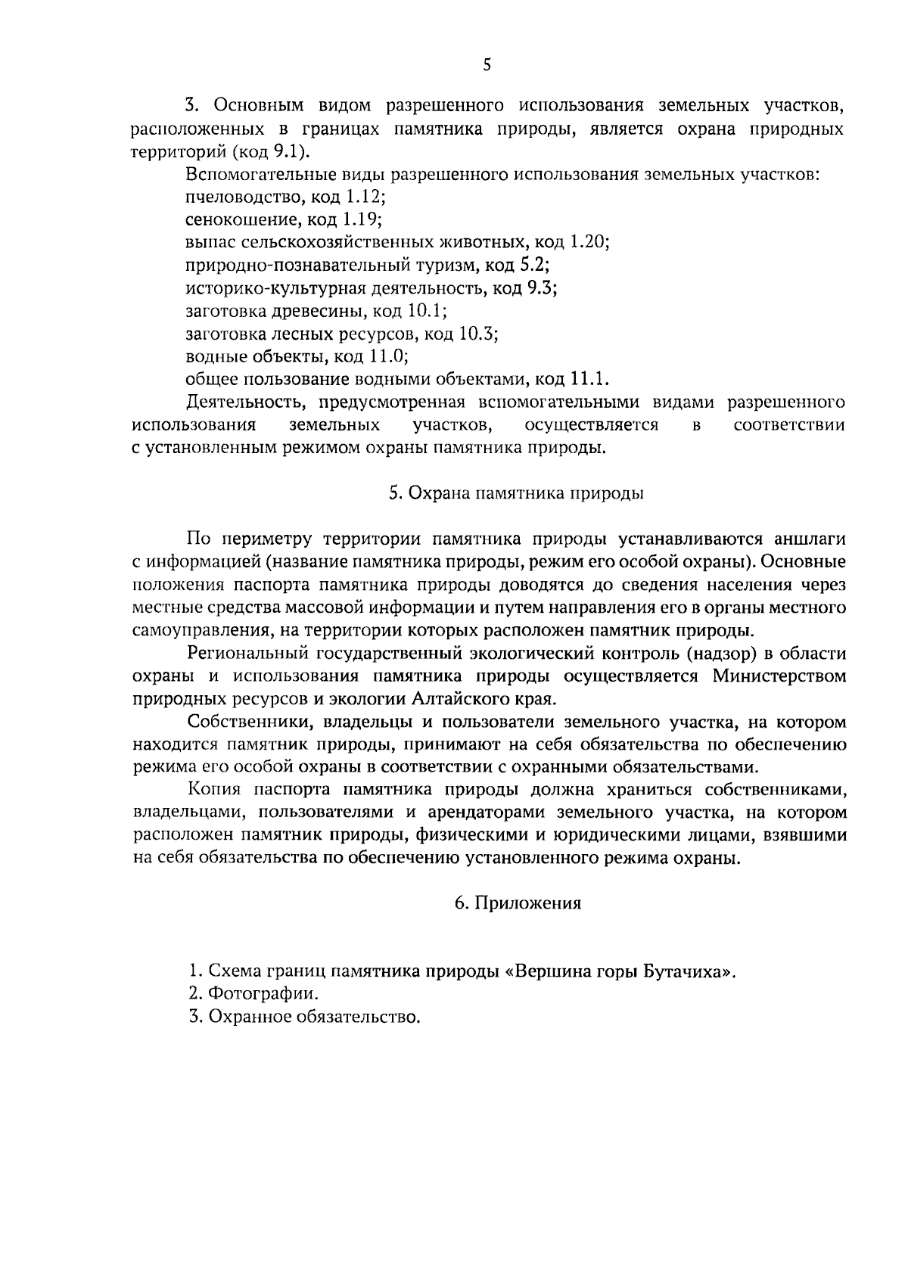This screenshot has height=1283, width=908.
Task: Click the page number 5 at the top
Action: [487, 66]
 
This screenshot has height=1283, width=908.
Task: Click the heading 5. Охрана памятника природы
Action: [516, 493]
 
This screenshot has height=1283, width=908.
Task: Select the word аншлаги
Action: [810, 539]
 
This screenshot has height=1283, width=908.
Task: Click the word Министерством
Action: [779, 676]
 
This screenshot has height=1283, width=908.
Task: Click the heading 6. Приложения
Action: [518, 903]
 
